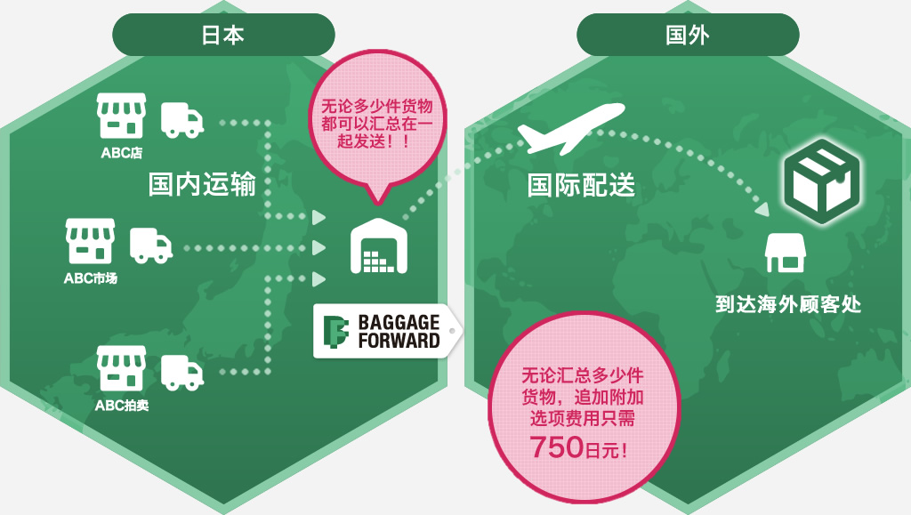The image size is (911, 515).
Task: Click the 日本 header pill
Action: [222, 35]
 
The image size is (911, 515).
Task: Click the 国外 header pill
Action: [687, 35]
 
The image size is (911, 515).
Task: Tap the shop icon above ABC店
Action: [121, 117]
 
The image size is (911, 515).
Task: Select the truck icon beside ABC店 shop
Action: [181, 119]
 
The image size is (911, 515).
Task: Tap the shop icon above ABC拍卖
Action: [121, 369]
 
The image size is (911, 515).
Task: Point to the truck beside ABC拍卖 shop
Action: [181, 372]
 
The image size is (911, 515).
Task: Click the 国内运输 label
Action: [202, 184]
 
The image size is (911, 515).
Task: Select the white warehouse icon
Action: [380, 245]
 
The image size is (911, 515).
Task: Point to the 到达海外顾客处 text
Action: [788, 305]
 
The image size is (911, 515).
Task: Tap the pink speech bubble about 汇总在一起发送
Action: [377, 121]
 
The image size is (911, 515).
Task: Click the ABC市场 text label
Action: [90, 278]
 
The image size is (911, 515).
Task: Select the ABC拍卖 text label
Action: [121, 406]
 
